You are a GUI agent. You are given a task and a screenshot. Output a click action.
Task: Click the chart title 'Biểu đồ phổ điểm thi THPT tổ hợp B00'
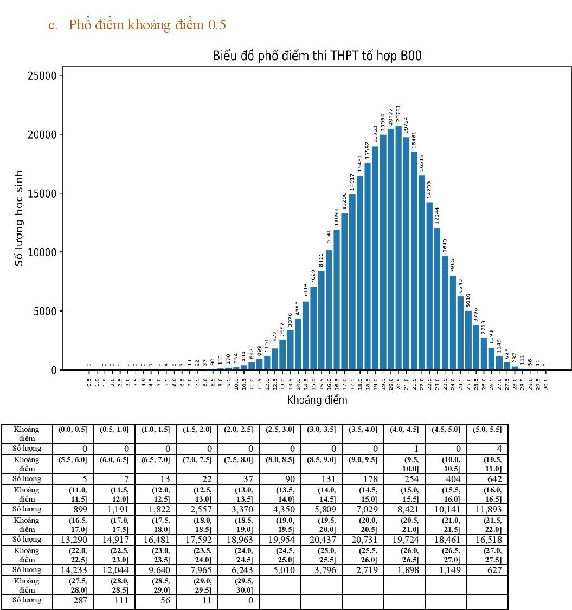(318, 56)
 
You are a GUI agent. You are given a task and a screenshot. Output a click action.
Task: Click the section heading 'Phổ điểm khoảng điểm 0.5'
(147, 25)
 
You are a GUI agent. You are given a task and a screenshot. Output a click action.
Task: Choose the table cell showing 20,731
(362, 539)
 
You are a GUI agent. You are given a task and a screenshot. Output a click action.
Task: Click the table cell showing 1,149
(445, 569)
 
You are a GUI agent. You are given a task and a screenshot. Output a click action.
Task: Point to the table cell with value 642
(486, 479)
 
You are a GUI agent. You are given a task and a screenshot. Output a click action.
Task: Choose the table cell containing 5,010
(280, 569)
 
